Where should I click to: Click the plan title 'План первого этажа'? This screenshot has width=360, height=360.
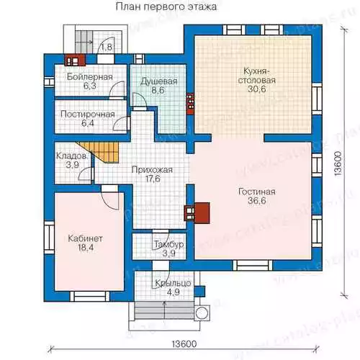pyautogui.click(x=166, y=6)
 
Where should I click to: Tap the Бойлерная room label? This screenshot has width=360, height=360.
pyautogui.click(x=90, y=77)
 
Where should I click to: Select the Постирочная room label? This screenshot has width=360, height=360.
pyautogui.click(x=88, y=114)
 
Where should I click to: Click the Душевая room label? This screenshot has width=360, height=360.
pyautogui.click(x=158, y=81)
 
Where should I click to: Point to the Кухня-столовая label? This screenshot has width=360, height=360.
pyautogui.click(x=257, y=76)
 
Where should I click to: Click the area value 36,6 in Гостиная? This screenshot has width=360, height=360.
pyautogui.click(x=257, y=201)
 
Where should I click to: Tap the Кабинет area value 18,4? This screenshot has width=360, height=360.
pyautogui.click(x=86, y=248)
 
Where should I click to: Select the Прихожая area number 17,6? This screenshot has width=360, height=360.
pyautogui.click(x=153, y=179)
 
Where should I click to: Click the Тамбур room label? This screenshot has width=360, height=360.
pyautogui.click(x=169, y=244)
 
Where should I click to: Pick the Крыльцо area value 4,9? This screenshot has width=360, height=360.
pyautogui.click(x=173, y=292)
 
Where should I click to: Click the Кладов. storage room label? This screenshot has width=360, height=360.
pyautogui.click(x=71, y=156)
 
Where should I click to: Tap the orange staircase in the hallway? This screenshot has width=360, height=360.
pyautogui.click(x=102, y=152)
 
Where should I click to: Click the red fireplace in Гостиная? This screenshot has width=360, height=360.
pyautogui.click(x=197, y=213)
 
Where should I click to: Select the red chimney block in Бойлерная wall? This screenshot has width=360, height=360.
pyautogui.click(x=75, y=60)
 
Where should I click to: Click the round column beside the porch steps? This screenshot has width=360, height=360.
pyautogui.click(x=202, y=313)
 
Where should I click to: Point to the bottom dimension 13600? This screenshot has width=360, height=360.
pyautogui.click(x=184, y=344)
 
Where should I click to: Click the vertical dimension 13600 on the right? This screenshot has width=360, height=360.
pyautogui.click(x=338, y=164)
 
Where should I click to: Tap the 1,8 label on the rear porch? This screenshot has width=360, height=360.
pyautogui.click(x=107, y=47)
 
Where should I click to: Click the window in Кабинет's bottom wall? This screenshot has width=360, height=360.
pyautogui.click(x=90, y=297)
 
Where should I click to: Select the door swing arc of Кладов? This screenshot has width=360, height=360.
pyautogui.click(x=83, y=172)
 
